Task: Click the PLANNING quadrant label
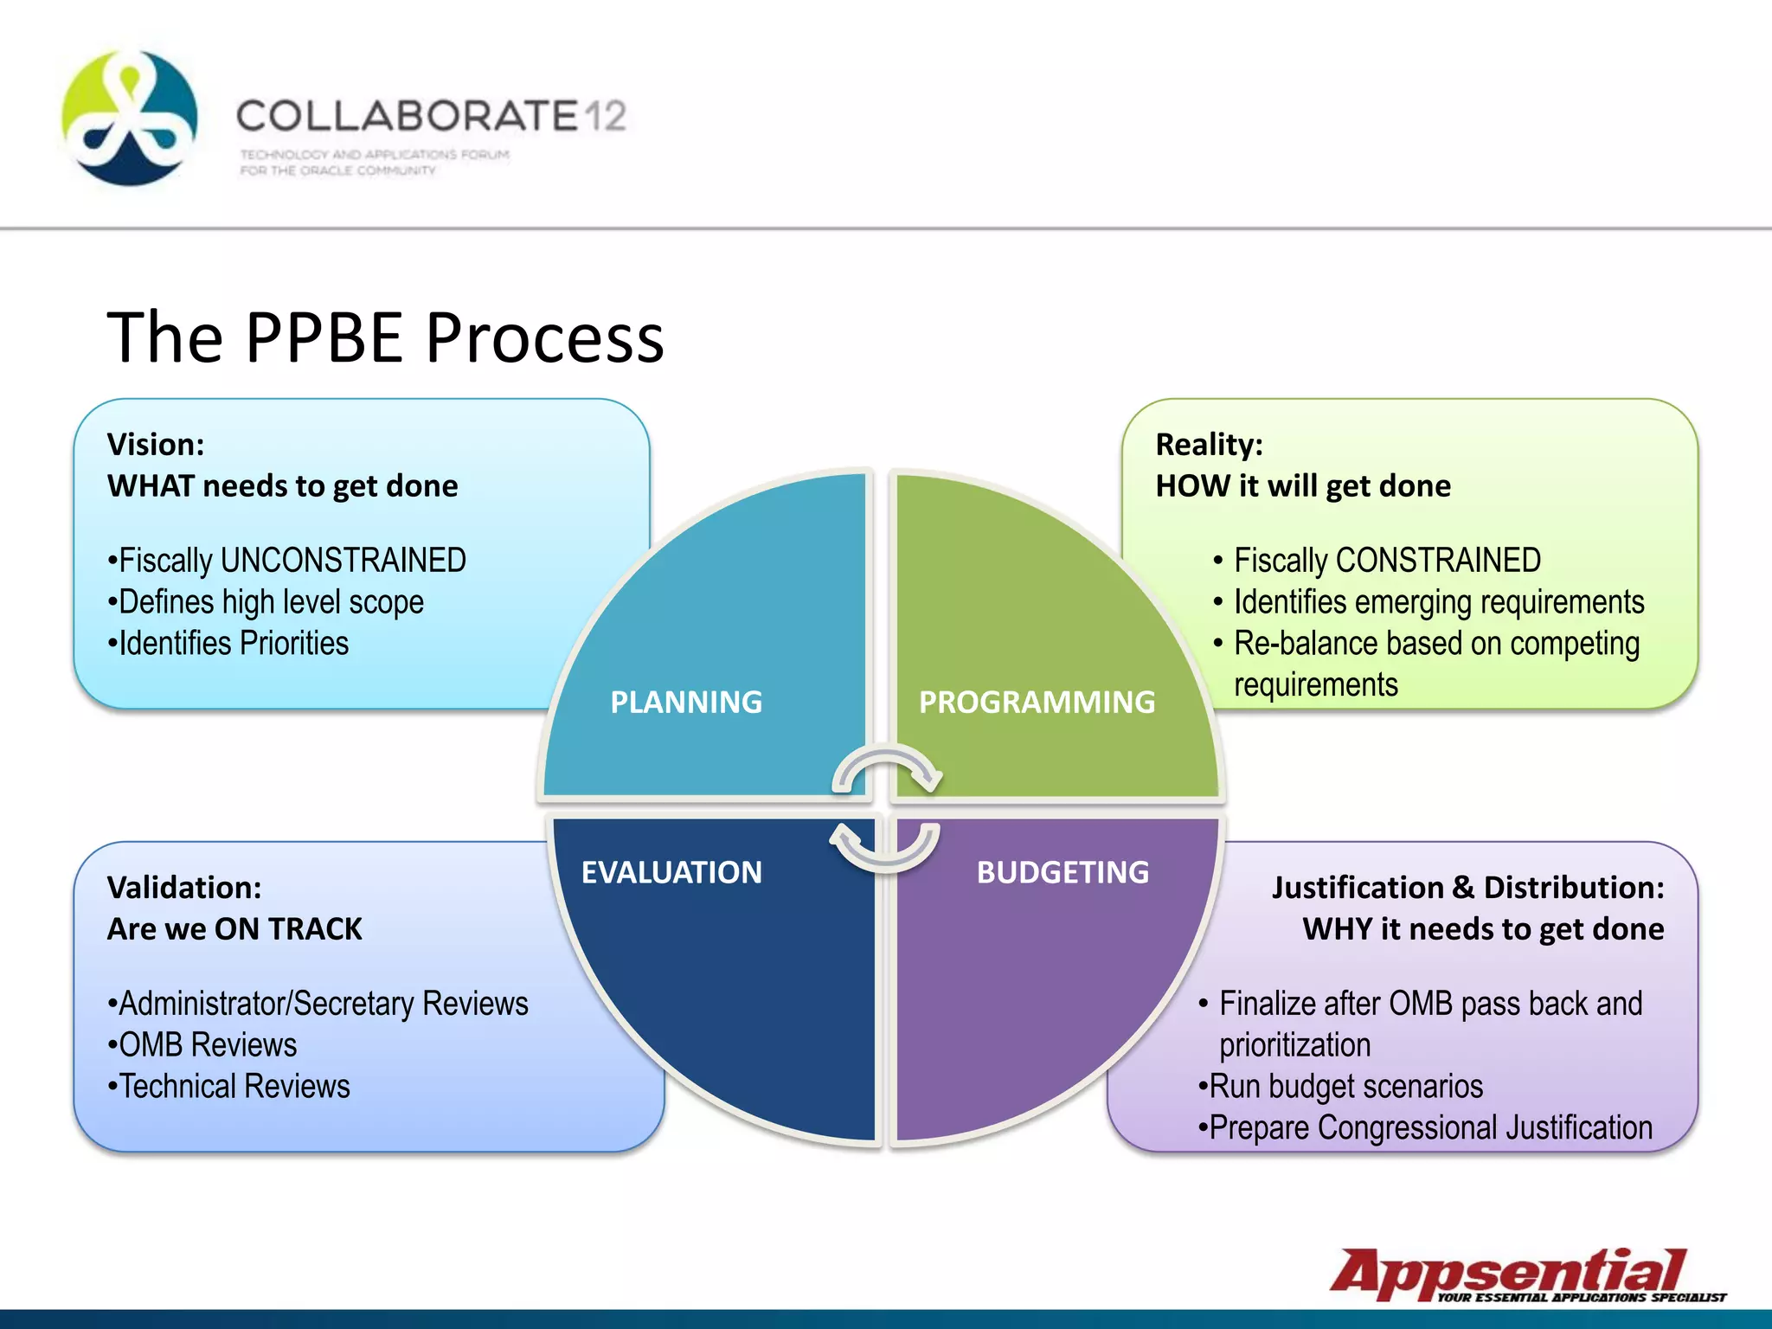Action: coord(686,702)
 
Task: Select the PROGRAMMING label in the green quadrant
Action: coord(1037,702)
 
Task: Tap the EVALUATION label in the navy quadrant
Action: coord(671,872)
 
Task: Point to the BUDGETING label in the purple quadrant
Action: coord(1063,872)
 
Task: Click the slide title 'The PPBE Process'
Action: coord(385,337)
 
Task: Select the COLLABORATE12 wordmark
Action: coord(431,116)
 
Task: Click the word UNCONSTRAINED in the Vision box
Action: coord(343,561)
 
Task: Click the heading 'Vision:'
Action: coord(156,445)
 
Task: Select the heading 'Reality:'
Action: coord(1209,445)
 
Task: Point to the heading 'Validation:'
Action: coord(184,888)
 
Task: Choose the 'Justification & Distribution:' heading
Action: coord(1467,888)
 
